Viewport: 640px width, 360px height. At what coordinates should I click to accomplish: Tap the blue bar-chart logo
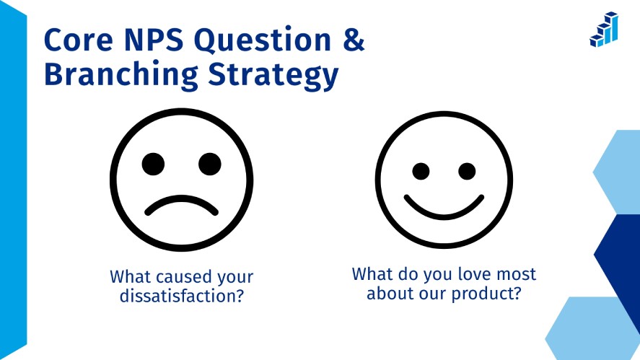[x=604, y=30]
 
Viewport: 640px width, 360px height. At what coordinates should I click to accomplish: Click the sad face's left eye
[x=153, y=164]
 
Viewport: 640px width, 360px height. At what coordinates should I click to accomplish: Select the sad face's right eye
[x=209, y=164]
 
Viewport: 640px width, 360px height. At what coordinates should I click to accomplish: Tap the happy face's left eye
[x=421, y=171]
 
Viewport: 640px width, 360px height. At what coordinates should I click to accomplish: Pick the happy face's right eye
[x=467, y=171]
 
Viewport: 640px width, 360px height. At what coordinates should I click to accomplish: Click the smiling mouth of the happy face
[x=444, y=206]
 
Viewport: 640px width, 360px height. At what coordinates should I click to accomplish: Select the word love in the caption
[x=465, y=275]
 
